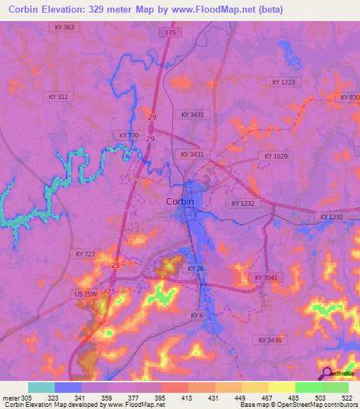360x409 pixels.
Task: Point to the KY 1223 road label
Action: (286, 82)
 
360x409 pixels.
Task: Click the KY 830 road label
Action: (349, 97)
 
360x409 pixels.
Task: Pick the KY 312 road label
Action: (58, 96)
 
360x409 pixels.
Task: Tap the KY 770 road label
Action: (129, 135)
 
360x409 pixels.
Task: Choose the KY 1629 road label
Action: (276, 156)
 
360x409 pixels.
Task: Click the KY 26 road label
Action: (195, 268)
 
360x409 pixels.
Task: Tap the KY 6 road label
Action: (196, 316)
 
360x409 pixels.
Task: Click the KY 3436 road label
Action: (269, 340)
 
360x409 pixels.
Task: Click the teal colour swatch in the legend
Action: (41, 387)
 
